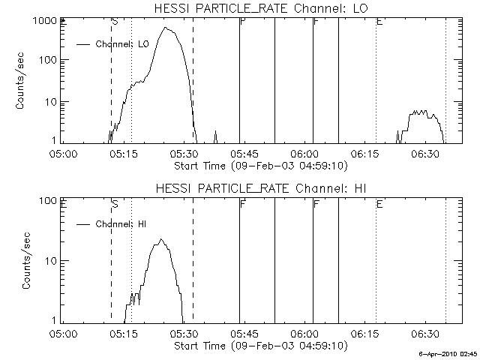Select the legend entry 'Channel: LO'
coord(124,44)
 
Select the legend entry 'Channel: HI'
coord(123,223)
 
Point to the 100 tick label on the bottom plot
coord(48,201)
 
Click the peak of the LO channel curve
coord(166,28)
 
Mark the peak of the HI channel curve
coord(160,240)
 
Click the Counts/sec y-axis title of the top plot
coord(22,81)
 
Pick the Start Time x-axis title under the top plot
coord(259,164)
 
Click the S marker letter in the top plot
coord(115,22)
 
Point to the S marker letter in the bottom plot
coord(115,203)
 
